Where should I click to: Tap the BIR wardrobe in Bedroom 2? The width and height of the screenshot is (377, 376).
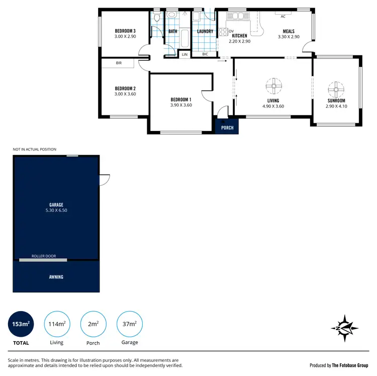(119, 63)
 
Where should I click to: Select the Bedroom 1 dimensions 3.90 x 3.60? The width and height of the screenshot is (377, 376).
(181, 105)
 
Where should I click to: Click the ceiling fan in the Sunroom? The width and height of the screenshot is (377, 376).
(336, 90)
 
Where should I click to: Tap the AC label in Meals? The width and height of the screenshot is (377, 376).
(283, 16)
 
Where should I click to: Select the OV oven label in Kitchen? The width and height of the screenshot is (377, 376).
(231, 31)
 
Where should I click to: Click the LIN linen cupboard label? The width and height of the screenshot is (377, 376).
(184, 54)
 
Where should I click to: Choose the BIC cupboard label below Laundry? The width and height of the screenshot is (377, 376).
(205, 54)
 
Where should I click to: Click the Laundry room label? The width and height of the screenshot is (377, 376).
(205, 31)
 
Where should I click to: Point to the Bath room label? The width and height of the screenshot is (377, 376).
(173, 31)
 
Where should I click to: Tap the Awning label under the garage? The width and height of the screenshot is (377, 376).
(56, 277)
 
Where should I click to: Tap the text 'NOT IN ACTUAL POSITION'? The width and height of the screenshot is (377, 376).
(35, 149)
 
